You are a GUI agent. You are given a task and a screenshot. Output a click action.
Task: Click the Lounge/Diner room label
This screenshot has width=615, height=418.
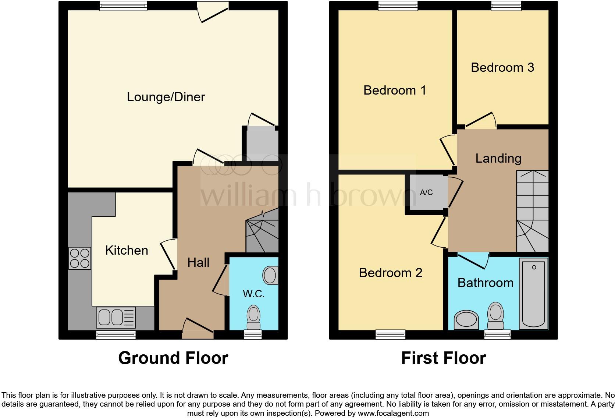(166, 97)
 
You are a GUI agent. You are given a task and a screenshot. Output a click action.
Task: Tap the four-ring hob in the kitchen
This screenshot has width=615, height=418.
(80, 258)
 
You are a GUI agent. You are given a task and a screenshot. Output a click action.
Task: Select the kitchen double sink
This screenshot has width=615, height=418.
(115, 317)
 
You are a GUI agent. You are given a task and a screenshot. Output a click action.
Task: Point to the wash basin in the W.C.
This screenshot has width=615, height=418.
(271, 275)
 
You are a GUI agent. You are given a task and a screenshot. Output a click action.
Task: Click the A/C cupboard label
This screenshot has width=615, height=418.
(426, 192)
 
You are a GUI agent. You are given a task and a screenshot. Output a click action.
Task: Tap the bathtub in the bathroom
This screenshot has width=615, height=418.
(533, 293)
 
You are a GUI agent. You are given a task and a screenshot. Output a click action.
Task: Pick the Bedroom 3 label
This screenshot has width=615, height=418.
(502, 68)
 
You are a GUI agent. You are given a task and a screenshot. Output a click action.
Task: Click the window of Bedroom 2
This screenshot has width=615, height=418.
(391, 334)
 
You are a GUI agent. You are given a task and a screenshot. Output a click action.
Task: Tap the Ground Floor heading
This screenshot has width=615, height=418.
(173, 358)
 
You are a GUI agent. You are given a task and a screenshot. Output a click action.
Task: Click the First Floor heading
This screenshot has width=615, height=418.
(444, 358)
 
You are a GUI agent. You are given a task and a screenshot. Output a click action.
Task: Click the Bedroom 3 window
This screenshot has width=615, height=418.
(506, 5)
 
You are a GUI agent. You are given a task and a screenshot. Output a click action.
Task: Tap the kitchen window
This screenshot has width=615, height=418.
(116, 334)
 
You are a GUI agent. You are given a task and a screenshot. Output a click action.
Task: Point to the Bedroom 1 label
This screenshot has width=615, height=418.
(395, 91)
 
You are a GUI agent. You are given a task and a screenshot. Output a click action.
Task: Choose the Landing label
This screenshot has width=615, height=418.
(498, 159)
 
